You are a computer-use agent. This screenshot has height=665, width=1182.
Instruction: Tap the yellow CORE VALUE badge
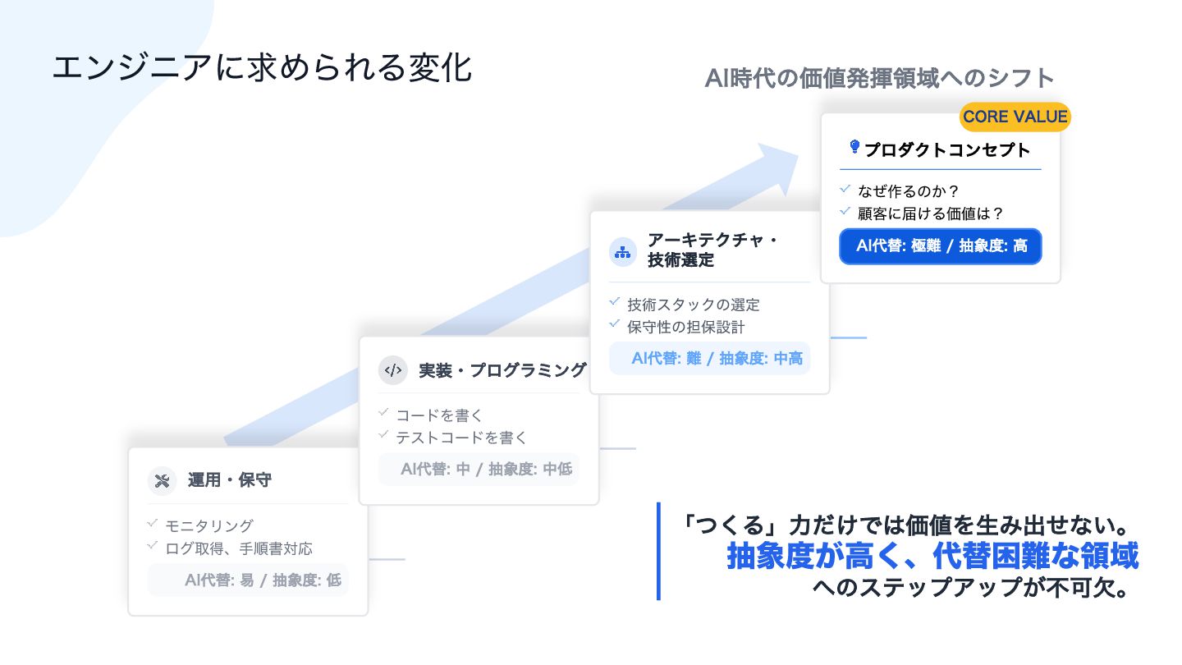(1015, 117)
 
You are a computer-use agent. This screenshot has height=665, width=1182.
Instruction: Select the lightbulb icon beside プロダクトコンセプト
(854, 148)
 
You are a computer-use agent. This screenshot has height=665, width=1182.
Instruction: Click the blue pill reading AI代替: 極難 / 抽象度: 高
(940, 246)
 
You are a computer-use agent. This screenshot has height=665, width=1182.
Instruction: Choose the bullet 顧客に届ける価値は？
(931, 213)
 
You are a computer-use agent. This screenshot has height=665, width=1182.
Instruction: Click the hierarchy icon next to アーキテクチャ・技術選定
(623, 252)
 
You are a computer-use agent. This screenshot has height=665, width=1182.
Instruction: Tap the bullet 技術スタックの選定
(694, 305)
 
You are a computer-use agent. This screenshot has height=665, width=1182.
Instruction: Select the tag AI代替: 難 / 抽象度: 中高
(710, 359)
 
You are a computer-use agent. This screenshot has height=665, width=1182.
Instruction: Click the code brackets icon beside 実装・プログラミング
(392, 370)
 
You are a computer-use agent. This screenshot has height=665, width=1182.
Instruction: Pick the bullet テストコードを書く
(461, 438)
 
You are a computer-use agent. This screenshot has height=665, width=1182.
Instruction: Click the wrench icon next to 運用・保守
(162, 481)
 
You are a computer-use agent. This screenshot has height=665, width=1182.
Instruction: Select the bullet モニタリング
(209, 525)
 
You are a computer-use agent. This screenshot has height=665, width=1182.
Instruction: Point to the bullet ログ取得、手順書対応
(239, 548)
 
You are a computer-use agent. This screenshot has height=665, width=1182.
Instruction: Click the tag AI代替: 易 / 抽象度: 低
(248, 580)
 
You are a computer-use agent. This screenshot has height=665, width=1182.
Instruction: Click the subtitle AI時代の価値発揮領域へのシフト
(879, 79)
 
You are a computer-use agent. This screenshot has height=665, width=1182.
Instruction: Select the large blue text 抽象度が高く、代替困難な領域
(932, 557)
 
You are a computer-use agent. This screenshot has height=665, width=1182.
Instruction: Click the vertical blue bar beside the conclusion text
(658, 551)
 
